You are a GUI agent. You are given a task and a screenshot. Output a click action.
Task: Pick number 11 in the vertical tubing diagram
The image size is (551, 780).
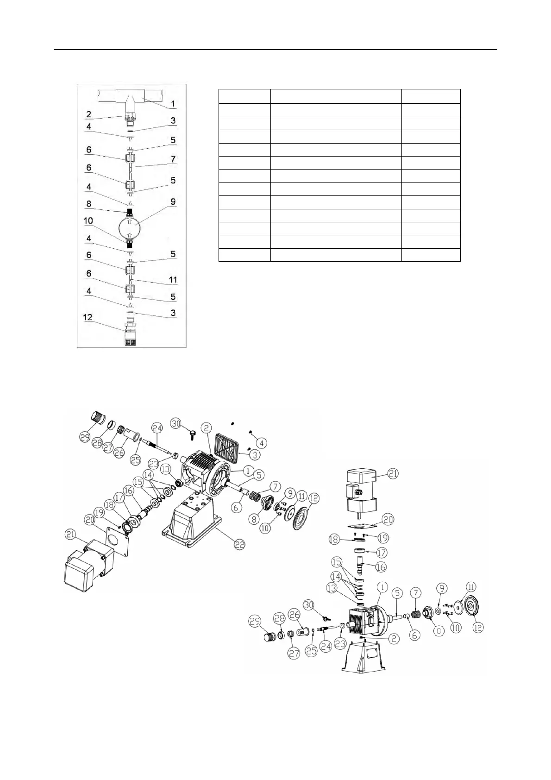173,280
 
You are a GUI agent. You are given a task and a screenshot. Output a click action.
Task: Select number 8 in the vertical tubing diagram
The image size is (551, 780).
88,204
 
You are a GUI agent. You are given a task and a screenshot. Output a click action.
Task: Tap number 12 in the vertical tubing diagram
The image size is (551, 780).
88,318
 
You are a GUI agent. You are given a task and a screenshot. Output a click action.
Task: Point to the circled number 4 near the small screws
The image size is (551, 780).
261,443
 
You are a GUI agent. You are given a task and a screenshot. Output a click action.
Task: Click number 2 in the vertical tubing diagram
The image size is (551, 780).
88,114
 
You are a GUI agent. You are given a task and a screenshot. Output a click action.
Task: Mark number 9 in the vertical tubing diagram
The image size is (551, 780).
173,202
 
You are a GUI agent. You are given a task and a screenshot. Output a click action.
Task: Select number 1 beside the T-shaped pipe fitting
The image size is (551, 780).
172,104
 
